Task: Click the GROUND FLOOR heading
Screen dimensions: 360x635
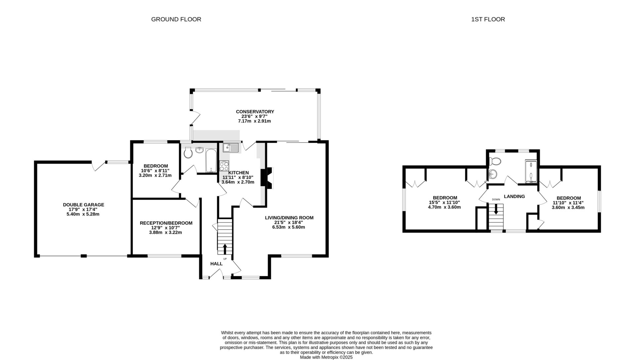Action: pos(176,19)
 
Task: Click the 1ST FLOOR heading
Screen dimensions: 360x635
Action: pos(488,19)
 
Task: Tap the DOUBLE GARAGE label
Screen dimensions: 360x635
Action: pos(83,205)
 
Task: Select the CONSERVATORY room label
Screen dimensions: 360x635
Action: pos(255,112)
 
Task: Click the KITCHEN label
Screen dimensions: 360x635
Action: pos(238,173)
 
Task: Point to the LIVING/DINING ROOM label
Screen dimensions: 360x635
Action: pos(289,218)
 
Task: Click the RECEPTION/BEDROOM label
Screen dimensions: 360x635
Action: pos(166,223)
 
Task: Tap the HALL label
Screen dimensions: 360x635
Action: pos(216,264)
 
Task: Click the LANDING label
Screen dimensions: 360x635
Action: pos(514,196)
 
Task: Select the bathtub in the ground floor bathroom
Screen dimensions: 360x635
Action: pos(210,160)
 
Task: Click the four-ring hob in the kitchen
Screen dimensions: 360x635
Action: pos(224,166)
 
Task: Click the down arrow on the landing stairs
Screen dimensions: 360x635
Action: pos(495,209)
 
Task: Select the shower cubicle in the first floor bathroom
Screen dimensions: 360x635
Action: pos(531,171)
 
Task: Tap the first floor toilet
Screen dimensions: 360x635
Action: pos(495,161)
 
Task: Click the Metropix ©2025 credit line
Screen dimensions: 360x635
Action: pos(326,357)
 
